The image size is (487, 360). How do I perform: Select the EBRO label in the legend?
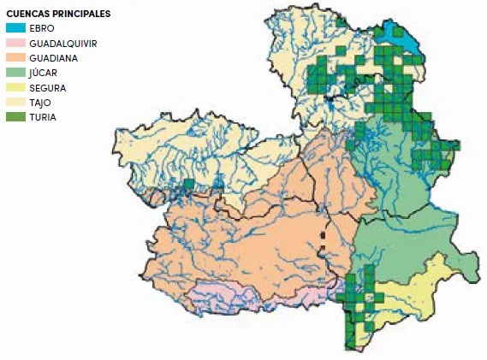click(41, 28)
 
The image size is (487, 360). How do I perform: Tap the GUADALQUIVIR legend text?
click(62, 43)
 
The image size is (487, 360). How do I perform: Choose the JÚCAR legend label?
click(43, 73)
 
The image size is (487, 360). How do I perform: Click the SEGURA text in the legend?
click(46, 87)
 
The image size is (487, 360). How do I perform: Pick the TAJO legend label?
click(40, 102)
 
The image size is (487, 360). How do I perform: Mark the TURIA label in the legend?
click(42, 116)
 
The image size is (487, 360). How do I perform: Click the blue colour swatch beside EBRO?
click(15, 28)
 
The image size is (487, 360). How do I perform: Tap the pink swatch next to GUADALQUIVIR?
click(15, 43)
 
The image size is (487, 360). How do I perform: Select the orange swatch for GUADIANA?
click(15, 57)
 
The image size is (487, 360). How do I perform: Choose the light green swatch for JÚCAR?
click(15, 73)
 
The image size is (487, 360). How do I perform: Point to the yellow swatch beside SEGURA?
click(15, 87)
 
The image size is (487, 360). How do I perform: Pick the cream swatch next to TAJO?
click(15, 102)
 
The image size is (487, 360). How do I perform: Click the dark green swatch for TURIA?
click(15, 116)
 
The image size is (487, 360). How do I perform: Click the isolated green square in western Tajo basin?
click(188, 185)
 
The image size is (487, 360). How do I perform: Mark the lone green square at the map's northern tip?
click(341, 22)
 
